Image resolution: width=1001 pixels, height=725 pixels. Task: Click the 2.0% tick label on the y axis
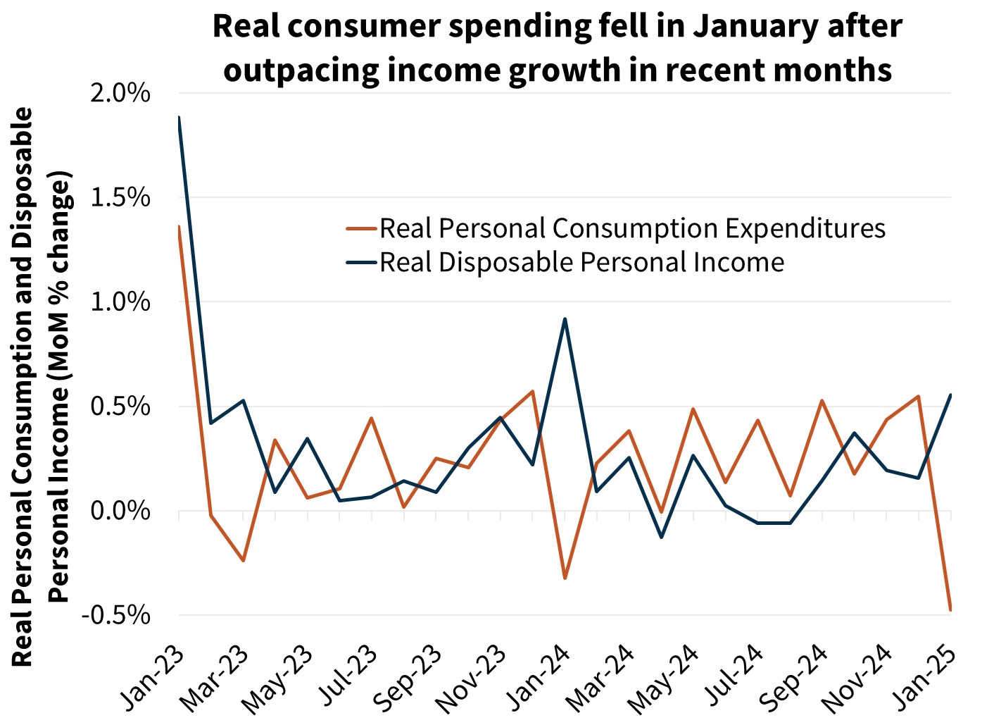coord(120,92)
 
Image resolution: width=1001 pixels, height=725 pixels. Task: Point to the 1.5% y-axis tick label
coord(120,197)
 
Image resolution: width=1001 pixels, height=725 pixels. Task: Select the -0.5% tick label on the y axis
coord(117,615)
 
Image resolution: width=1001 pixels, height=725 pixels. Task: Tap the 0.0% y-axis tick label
coord(120,511)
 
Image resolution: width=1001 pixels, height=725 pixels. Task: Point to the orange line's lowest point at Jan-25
coord(950,609)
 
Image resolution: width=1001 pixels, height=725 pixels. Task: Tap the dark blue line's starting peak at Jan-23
coord(180,118)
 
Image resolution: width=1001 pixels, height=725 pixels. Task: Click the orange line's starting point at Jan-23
coord(180,227)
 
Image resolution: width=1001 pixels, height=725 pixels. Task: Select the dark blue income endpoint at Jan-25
coord(950,395)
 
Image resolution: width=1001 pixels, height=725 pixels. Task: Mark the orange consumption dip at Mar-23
coord(244,561)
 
